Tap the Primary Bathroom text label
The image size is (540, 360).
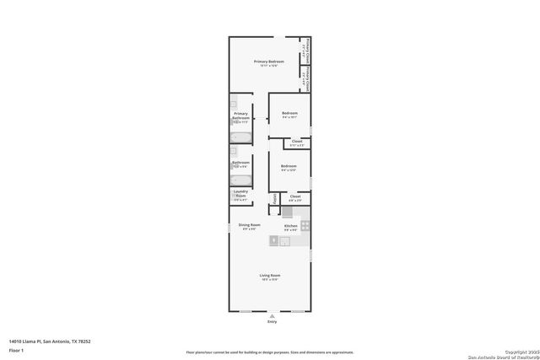[x=241, y=116]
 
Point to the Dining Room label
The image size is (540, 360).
[x=249, y=225]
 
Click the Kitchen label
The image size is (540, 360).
[x=290, y=226]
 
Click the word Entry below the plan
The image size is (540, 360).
[x=272, y=321]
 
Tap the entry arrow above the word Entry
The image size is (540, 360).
[x=272, y=315]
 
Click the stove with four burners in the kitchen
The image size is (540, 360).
[x=305, y=226]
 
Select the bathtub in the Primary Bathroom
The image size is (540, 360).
[x=240, y=137]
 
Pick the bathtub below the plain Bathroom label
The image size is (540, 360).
[x=240, y=179]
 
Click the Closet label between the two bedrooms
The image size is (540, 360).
[x=297, y=141]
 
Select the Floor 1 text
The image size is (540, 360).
[x=16, y=349]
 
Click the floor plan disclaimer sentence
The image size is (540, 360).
[x=269, y=352]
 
